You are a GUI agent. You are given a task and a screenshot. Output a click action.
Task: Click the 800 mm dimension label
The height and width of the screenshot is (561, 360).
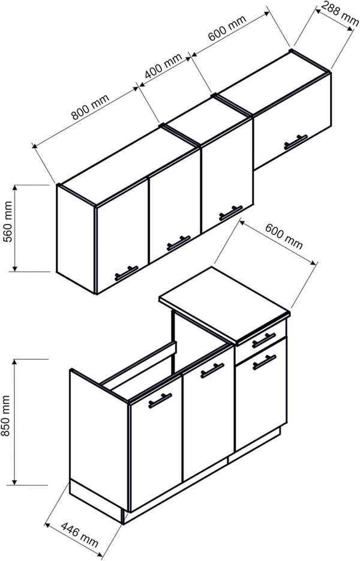(87, 110)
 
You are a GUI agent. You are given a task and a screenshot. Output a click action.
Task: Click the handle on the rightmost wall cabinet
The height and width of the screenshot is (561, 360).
(295, 142)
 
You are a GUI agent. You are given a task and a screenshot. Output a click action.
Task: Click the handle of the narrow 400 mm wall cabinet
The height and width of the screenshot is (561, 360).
(230, 212)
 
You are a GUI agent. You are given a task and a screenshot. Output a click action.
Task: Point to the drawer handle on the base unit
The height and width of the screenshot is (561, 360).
(263, 340)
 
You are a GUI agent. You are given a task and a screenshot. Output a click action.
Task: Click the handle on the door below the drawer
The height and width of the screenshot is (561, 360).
(264, 362)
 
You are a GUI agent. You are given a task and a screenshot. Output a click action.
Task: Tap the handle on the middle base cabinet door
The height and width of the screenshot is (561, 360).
(212, 371)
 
